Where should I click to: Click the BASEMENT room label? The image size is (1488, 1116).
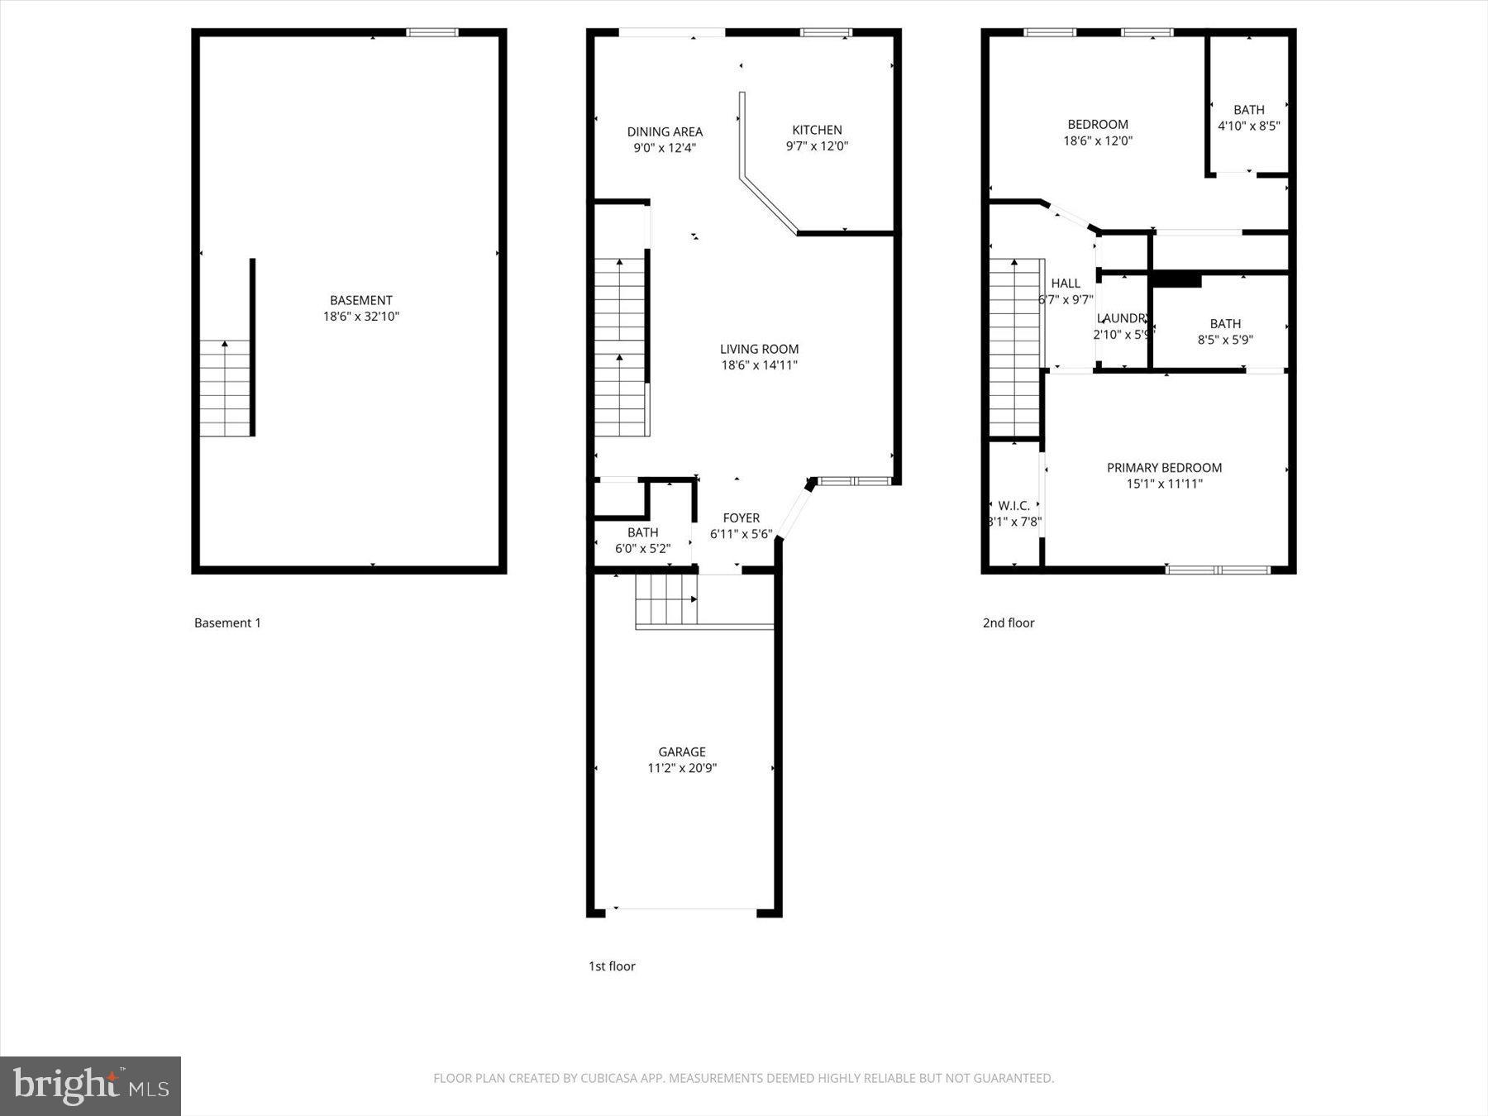(360, 300)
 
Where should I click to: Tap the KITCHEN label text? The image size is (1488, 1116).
(817, 130)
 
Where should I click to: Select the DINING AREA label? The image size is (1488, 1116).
(665, 131)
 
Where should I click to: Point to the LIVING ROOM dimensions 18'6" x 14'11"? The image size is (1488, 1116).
(759, 365)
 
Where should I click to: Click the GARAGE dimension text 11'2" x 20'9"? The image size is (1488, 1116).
(681, 768)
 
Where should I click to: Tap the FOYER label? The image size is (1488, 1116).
(741, 518)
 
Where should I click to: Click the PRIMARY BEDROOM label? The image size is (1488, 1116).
(1164, 468)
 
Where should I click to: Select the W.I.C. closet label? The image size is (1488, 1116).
(1013, 506)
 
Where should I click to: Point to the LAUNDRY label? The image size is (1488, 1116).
(1122, 318)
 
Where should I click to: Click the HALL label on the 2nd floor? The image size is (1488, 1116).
(1066, 284)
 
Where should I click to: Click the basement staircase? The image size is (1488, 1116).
(224, 389)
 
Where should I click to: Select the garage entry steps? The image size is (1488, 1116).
(666, 600)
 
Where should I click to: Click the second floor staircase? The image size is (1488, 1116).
(1014, 347)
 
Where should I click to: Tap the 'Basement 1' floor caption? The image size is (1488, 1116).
(227, 623)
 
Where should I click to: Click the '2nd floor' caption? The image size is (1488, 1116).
(1008, 623)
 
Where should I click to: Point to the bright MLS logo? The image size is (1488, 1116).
(90, 1085)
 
